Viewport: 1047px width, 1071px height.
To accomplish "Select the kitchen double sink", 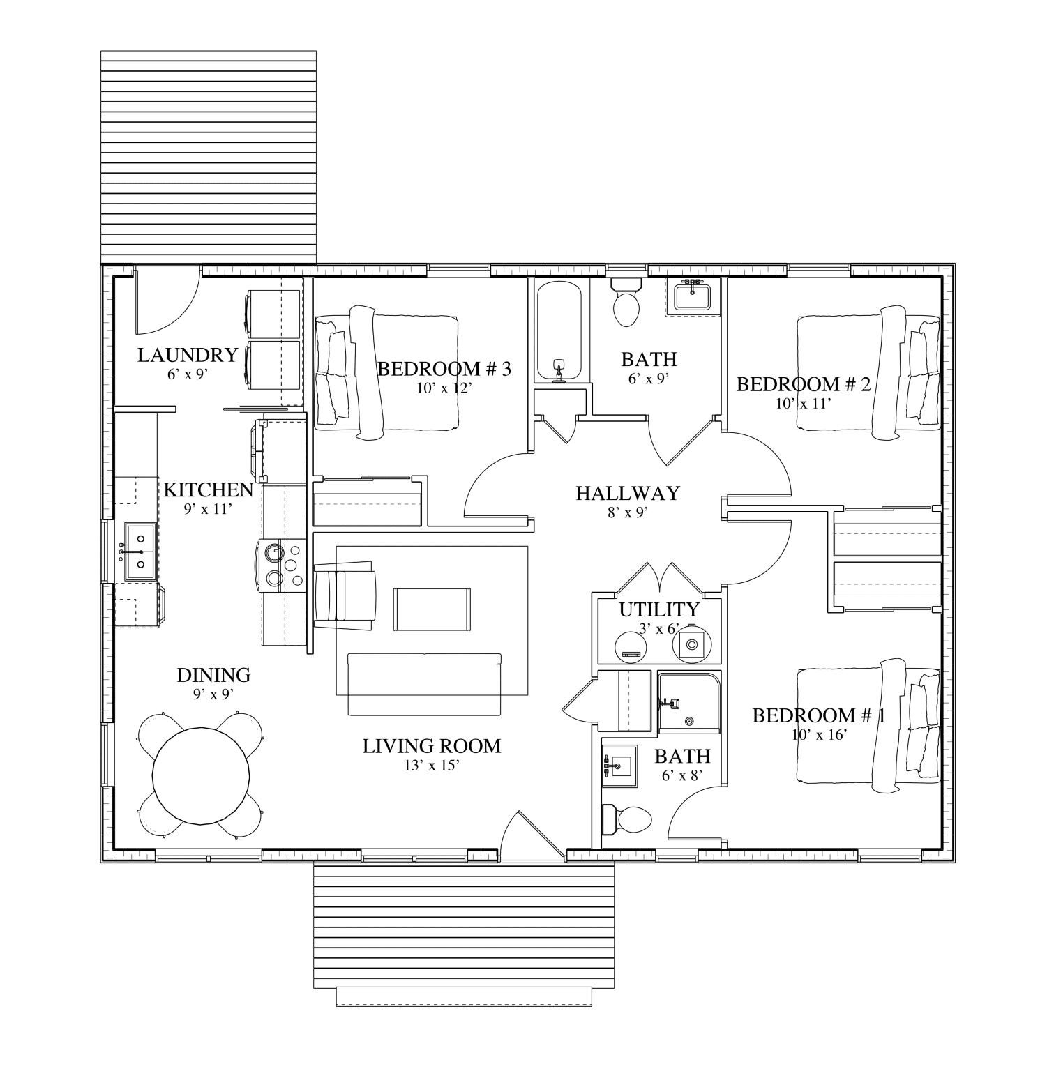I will coord(140,551).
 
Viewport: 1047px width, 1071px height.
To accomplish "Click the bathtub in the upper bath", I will coord(559,331).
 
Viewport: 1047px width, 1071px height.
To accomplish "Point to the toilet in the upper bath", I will coord(626,303).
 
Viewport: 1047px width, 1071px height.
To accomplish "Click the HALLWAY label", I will coord(627,494).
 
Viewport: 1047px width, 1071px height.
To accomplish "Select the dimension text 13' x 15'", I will coord(431,765).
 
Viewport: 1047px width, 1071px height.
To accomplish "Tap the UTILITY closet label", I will coord(658,609).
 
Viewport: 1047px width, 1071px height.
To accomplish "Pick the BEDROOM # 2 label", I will coord(803,384).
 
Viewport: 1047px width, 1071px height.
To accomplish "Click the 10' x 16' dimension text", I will coord(819,734).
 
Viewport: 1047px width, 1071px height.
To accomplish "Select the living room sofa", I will coord(425,684).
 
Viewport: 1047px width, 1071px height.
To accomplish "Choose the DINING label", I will coord(213,675).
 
